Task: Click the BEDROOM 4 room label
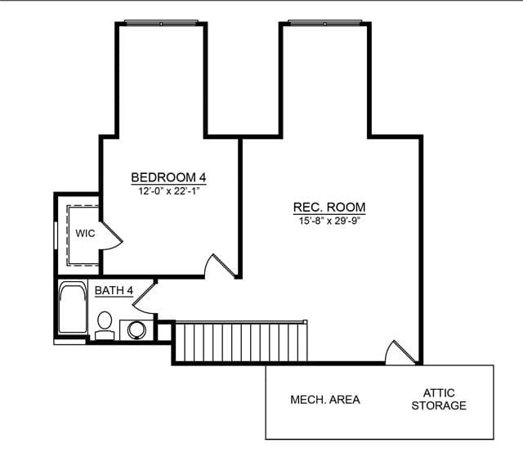(168, 177)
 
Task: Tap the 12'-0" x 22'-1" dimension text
(168, 191)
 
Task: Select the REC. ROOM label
(329, 207)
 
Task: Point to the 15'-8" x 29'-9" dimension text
(329, 221)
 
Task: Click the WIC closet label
(85, 233)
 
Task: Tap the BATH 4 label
(114, 290)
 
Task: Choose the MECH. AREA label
(325, 400)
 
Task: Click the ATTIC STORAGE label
(439, 400)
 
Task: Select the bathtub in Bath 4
(73, 307)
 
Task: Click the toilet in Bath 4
(105, 325)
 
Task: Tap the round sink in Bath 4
(136, 330)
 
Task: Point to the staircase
(241, 342)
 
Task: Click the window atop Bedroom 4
(162, 23)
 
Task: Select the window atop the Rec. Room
(325, 23)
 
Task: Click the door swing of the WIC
(111, 236)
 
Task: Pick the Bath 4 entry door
(144, 298)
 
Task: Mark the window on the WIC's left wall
(56, 235)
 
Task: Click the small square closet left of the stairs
(164, 332)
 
